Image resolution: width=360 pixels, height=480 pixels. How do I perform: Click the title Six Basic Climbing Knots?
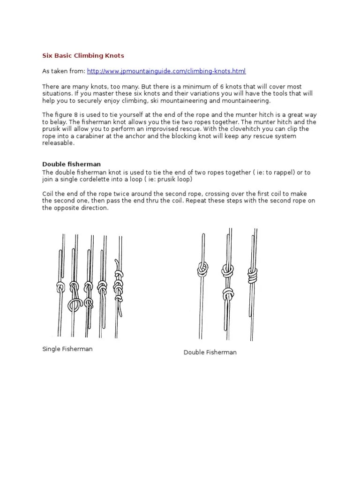pos(83,56)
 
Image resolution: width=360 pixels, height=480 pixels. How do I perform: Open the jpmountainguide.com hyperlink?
pos(166,71)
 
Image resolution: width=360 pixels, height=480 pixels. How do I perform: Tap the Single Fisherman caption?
pos(67,349)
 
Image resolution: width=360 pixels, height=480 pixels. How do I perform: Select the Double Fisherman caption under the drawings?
pos(210,352)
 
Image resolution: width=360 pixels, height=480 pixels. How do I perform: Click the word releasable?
pos(58,143)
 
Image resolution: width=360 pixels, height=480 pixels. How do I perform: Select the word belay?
pos(59,122)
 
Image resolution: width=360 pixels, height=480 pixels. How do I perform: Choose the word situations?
pos(59,94)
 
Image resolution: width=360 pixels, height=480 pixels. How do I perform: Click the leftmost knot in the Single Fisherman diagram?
pos(60,286)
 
